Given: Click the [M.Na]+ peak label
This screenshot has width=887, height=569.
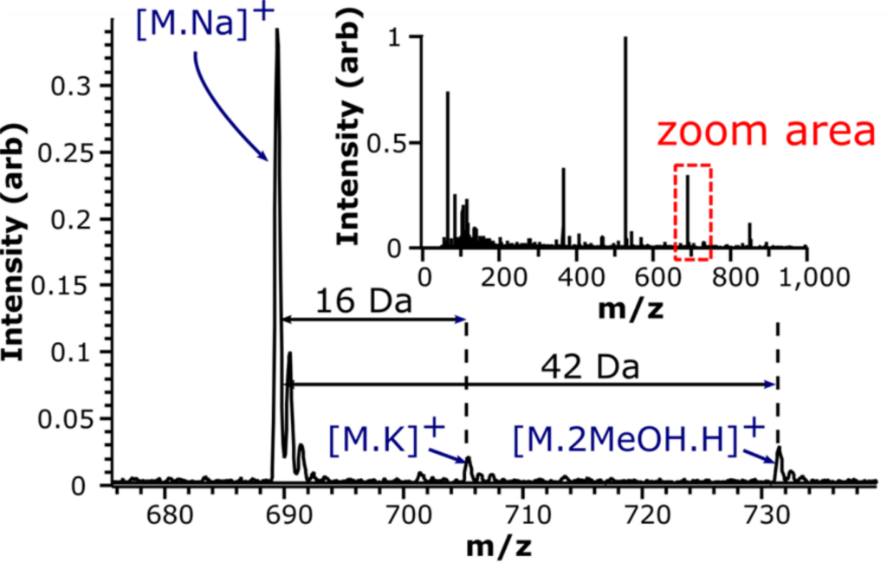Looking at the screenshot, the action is point(205,23).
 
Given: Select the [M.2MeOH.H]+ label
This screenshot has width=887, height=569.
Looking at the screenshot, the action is point(639,438).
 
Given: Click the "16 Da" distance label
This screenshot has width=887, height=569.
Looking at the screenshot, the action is point(364,301).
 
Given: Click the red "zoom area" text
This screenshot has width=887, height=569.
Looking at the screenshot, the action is point(767,132).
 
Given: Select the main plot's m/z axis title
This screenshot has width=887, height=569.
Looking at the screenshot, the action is point(500,547).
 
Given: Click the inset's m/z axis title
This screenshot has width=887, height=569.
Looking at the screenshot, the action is point(631,309).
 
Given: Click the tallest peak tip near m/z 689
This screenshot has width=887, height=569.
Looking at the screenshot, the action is point(276,29).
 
